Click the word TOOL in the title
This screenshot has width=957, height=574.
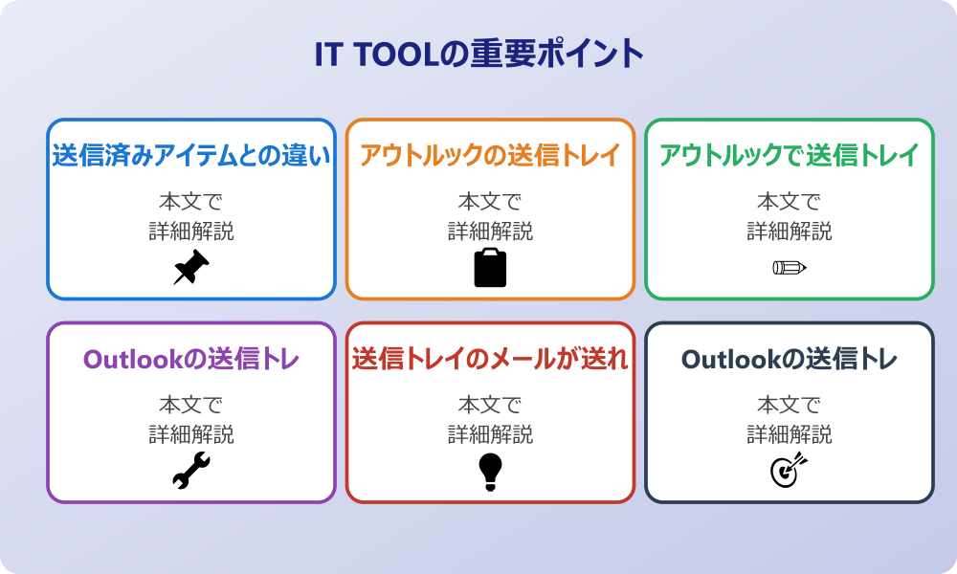392,54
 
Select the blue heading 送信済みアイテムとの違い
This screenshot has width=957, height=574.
191,155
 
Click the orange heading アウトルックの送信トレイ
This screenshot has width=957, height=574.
490,155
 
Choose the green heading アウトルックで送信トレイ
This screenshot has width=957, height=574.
790,155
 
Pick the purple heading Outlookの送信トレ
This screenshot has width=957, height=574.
191,359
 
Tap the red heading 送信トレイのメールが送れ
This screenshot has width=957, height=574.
490,359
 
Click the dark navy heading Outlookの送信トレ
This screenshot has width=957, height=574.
790,359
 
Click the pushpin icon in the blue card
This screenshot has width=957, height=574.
191,268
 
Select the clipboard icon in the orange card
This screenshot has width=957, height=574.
490,268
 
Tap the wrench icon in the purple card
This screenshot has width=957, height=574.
191,471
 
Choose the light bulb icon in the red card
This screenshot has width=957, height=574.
490,471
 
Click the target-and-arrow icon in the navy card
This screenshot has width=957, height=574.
790,471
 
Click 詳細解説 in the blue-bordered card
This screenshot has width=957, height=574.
191,231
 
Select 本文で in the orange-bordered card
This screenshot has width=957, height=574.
490,202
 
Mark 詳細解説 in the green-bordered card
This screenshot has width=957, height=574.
790,231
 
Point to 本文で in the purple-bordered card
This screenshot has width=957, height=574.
191,406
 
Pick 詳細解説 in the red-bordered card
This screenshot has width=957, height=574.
490,434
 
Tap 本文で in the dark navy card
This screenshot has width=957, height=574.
790,406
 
